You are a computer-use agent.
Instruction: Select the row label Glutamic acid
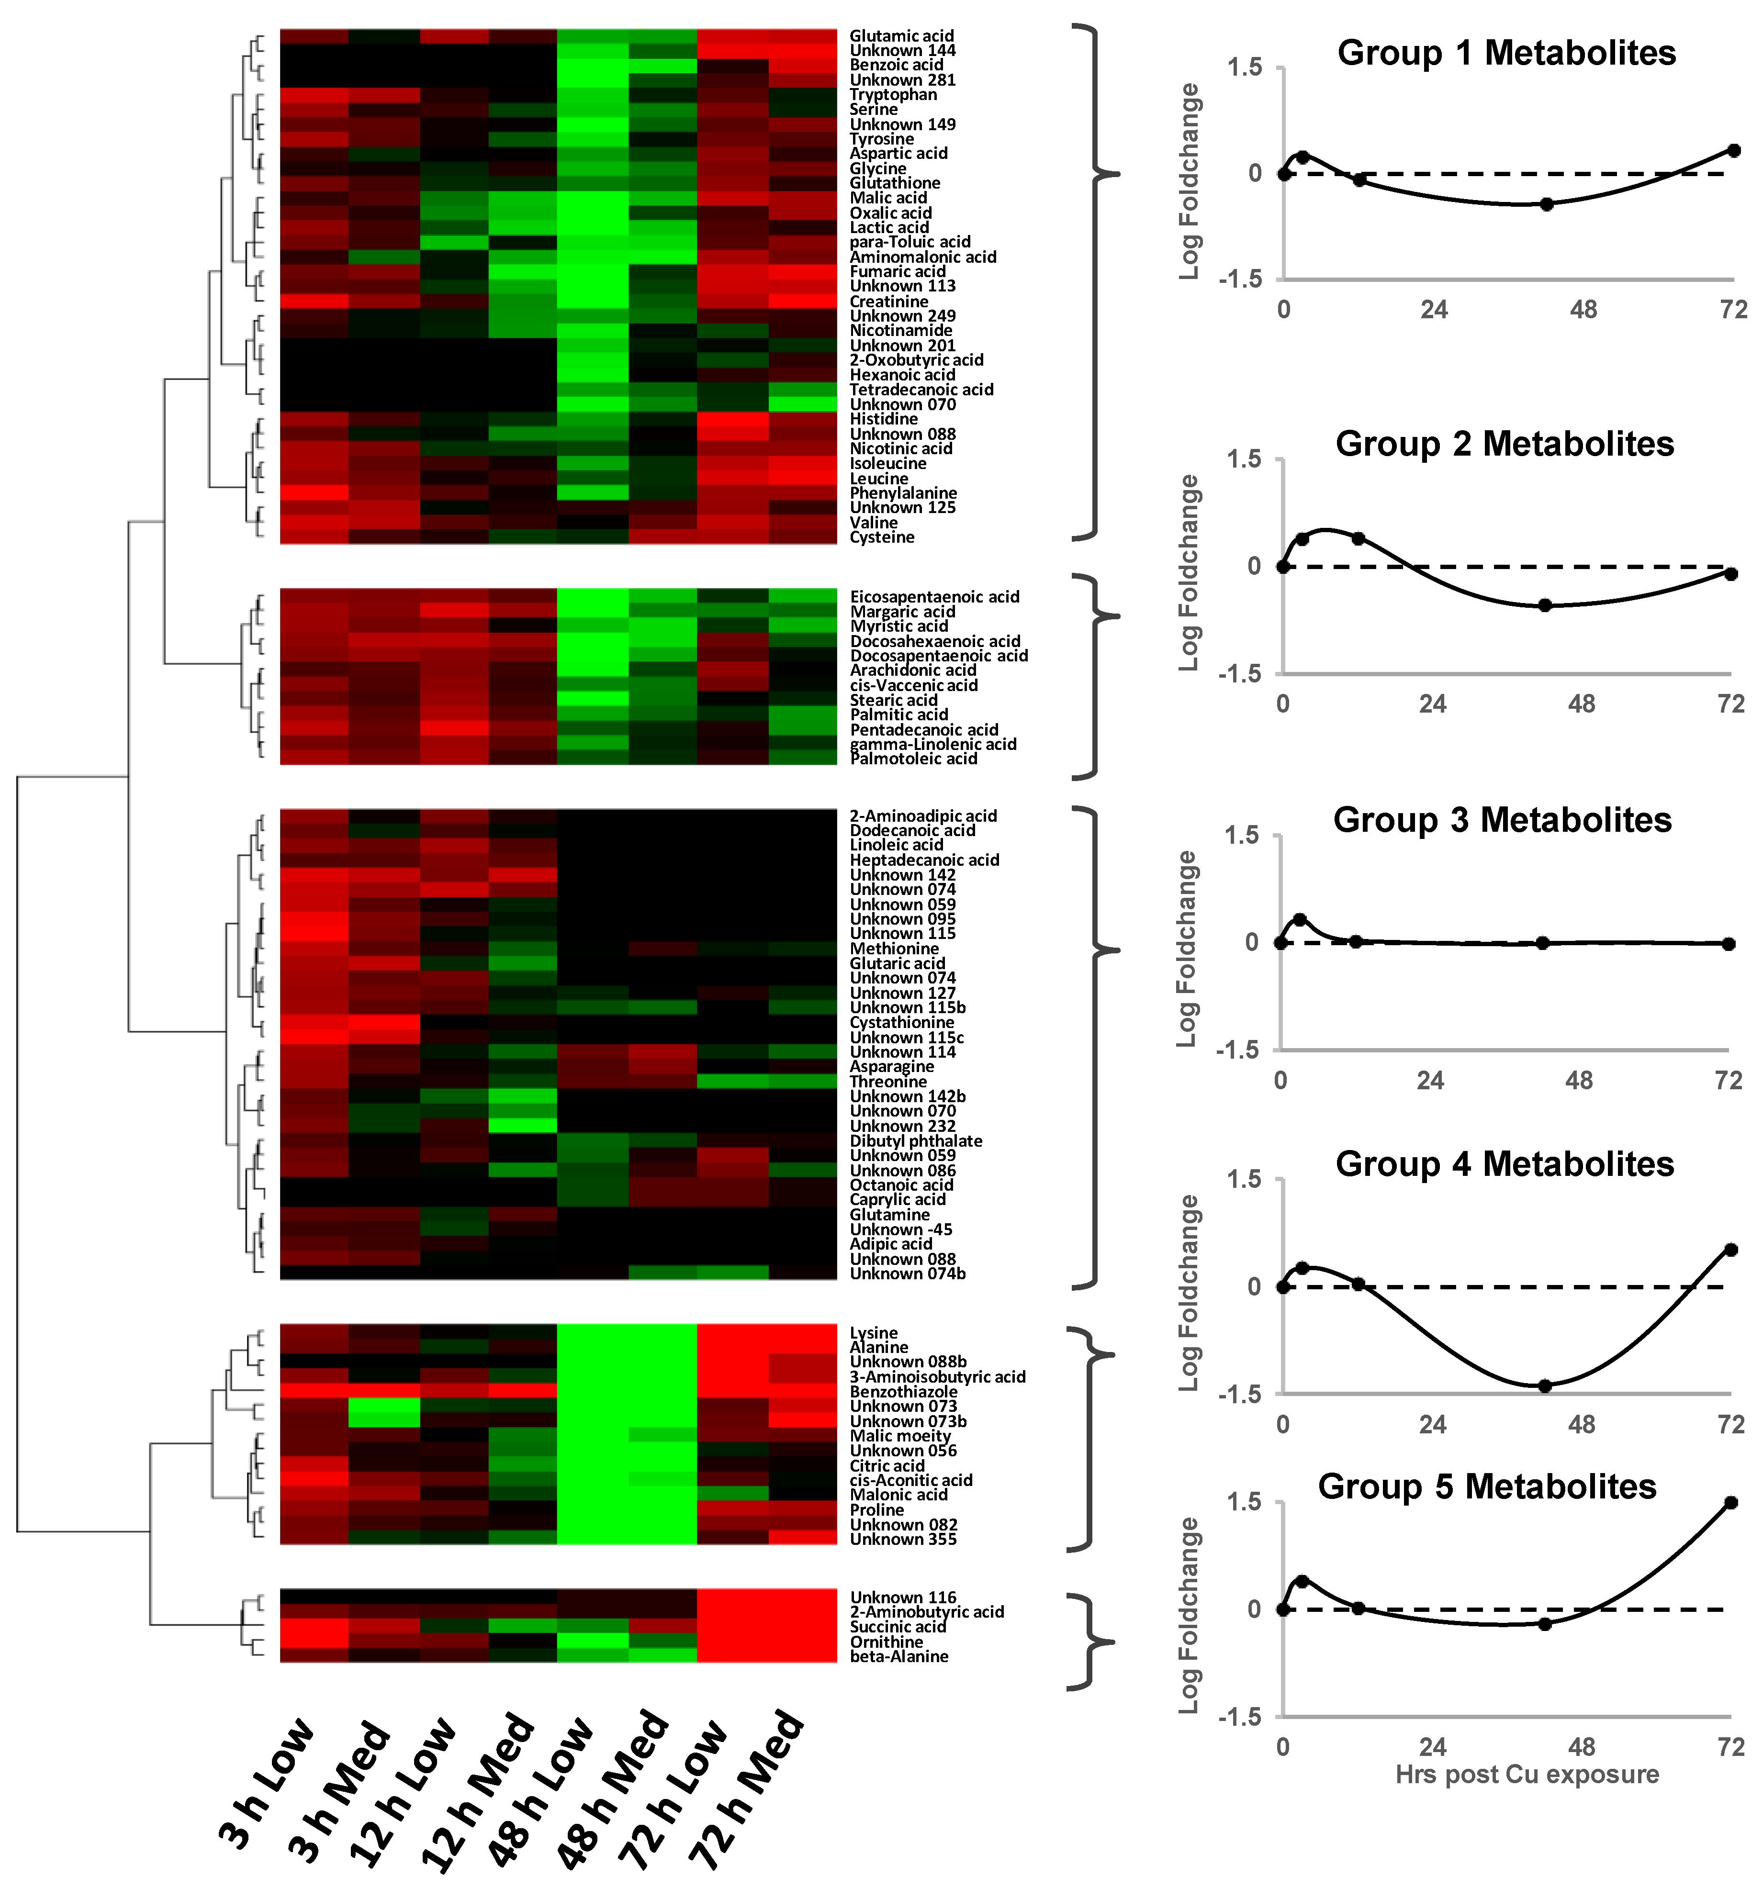pyautogui.click(x=900, y=36)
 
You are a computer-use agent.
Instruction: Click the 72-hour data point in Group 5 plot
pyautogui.click(x=1731, y=1502)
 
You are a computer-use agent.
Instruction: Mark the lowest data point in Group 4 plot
pyautogui.click(x=1545, y=1385)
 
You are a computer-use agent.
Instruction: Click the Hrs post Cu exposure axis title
pyautogui.click(x=1527, y=1774)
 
